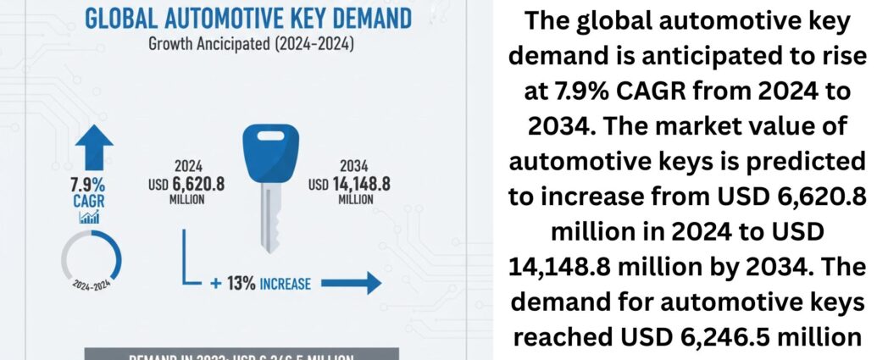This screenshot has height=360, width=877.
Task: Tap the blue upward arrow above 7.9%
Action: (x=98, y=147)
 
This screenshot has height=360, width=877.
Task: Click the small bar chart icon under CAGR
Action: (x=89, y=218)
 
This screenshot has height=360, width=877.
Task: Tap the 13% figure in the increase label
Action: (x=243, y=283)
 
